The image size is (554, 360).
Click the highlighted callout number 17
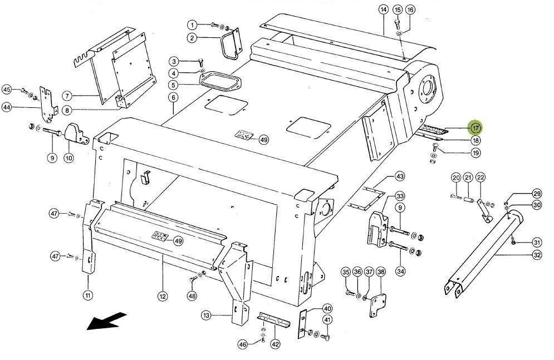(x=475, y=128)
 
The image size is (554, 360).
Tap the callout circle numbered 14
(x=383, y=9)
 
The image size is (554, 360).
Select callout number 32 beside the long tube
(x=537, y=255)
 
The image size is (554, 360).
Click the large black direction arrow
(x=106, y=321)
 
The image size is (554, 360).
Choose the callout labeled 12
(x=162, y=297)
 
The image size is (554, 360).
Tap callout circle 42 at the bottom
(x=275, y=344)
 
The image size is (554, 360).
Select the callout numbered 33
(x=400, y=196)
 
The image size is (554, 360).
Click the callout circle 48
(x=192, y=296)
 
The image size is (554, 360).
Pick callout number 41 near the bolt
(x=327, y=319)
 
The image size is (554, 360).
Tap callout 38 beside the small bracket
(x=381, y=272)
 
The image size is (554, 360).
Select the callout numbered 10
(x=68, y=158)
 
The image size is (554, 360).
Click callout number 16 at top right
(x=410, y=9)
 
